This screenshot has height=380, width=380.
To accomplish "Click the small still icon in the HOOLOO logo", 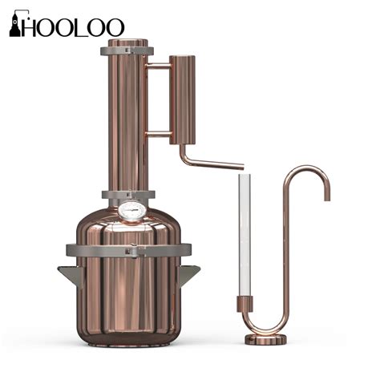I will tap(14, 26).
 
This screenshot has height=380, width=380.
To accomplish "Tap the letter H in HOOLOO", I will tap(31, 26).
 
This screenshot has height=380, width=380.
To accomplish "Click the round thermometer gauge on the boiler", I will tap(130, 211).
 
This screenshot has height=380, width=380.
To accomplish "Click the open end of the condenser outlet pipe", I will tap(241, 167).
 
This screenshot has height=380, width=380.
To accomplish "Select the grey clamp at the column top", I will tap(127, 51).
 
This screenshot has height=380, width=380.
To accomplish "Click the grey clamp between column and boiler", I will tap(127, 195).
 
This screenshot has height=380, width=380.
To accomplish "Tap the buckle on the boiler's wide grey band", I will tap(131, 251).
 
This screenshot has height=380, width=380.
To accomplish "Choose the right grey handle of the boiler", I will tap(190, 274).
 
